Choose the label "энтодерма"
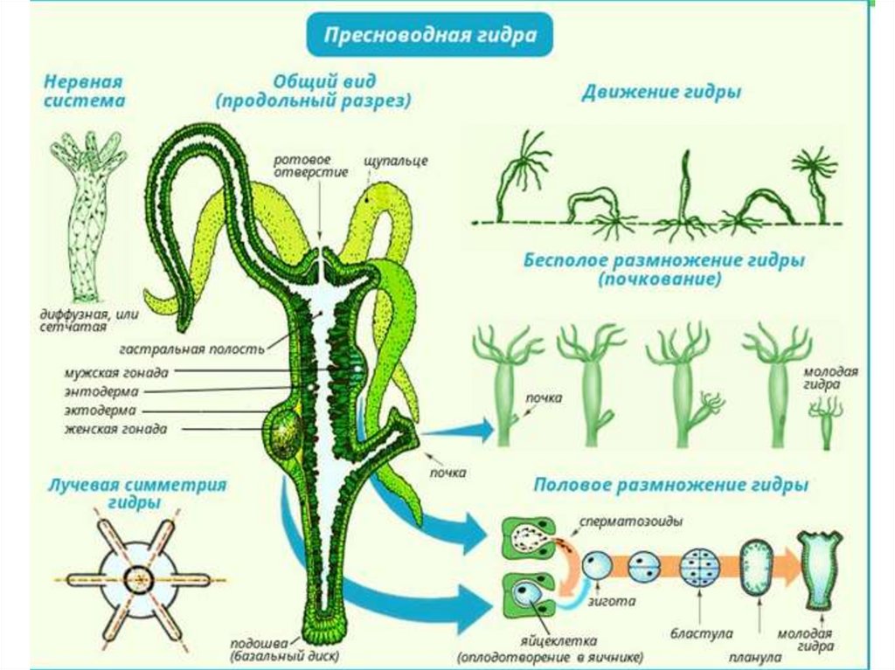pyautogui.click(x=101, y=390)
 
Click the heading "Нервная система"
pyautogui.click(x=84, y=91)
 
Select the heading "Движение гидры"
pyautogui.click(x=662, y=92)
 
